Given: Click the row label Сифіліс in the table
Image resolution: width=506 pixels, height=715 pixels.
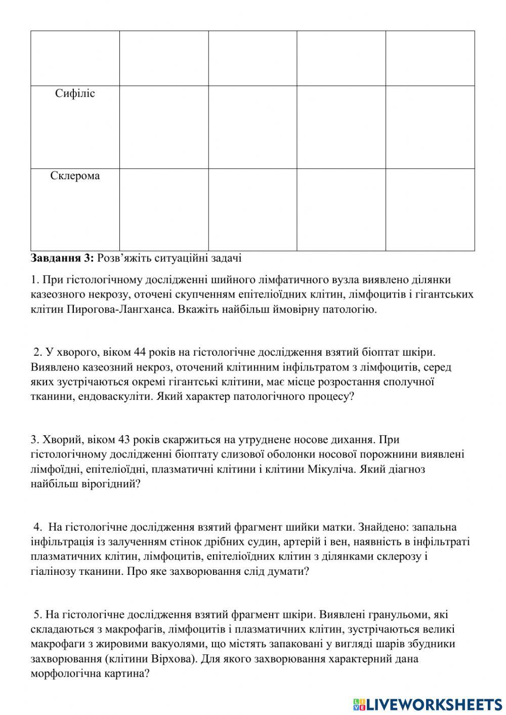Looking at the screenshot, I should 75,94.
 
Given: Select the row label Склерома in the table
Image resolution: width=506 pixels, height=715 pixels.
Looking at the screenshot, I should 75,176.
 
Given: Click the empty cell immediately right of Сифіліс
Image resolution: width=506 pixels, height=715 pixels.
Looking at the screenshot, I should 164,127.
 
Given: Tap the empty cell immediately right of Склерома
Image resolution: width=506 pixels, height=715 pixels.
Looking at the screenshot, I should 164,209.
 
